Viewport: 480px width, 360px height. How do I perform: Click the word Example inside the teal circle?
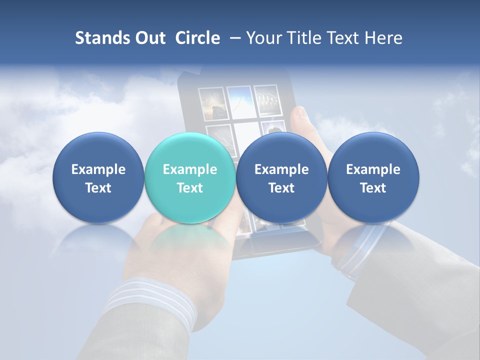[x=190, y=169]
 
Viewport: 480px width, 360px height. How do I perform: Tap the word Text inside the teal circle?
[x=190, y=188]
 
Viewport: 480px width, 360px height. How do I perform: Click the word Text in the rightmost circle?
[x=373, y=188]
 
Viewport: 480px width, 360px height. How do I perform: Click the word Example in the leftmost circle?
[x=98, y=169]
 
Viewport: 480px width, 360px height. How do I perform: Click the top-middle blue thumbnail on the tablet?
[x=238, y=101]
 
